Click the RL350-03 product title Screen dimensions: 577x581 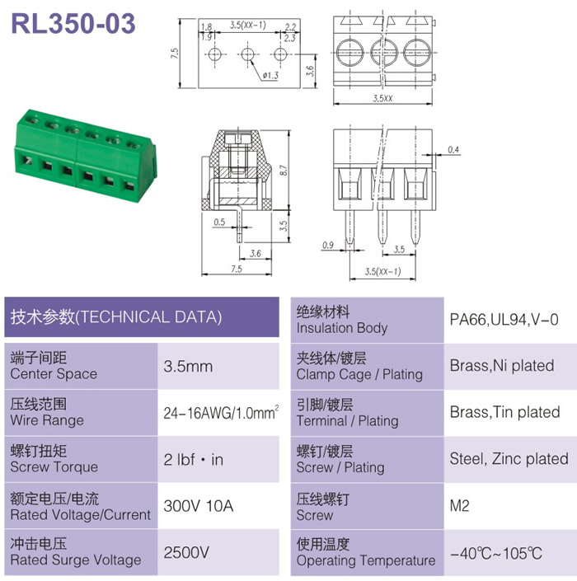[73, 23]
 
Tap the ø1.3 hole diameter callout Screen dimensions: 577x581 [270, 76]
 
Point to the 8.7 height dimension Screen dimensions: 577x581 [284, 170]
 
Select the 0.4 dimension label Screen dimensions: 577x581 [453, 149]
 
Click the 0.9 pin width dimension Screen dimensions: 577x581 [328, 245]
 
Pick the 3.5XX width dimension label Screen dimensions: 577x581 [382, 98]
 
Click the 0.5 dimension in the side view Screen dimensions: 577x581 [219, 222]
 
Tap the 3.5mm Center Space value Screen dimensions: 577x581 [188, 367]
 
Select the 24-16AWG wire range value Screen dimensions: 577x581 [221, 413]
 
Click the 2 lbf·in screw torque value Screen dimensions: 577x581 [194, 460]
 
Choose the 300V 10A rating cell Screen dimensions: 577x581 [199, 506]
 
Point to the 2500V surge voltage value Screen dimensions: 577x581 [186, 552]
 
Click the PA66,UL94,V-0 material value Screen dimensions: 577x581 [504, 320]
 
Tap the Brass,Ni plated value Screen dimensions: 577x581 [502, 366]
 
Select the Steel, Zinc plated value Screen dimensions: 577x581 [509, 459]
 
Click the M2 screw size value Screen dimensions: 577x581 [459, 505]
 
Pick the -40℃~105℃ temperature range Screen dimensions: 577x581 [496, 554]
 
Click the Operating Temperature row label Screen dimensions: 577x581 [366, 560]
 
